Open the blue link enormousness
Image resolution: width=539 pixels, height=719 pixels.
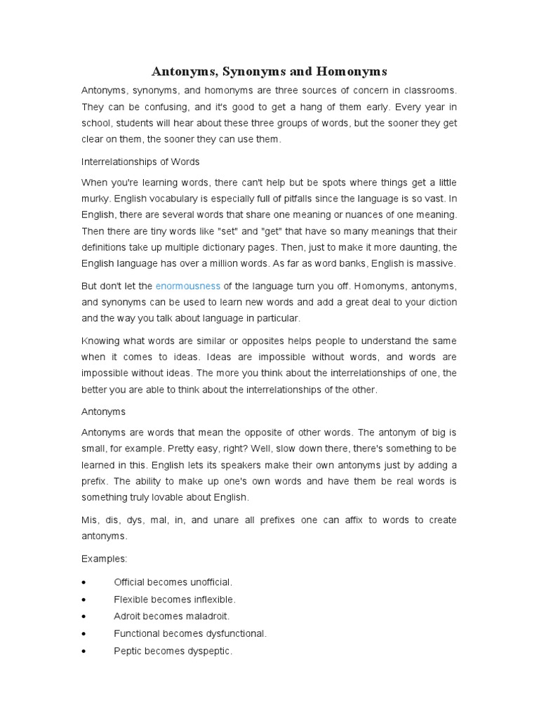pos(188,286)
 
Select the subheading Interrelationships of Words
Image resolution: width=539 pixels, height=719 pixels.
pos(141,161)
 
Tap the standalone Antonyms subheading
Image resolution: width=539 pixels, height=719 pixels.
pos(104,411)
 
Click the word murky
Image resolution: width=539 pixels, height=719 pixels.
pos(97,199)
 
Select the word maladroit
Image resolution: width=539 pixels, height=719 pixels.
pos(204,616)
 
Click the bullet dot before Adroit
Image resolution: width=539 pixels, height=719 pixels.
pos(84,616)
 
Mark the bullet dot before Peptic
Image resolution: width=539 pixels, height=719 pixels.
pos(84,651)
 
